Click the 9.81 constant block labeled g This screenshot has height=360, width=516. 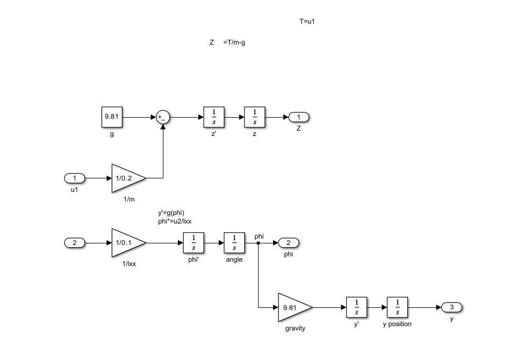pos(112,117)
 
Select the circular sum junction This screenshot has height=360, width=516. pos(163,117)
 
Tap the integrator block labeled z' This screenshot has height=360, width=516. pos(214,117)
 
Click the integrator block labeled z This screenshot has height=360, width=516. pos(255,117)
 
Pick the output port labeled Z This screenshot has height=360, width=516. pos(299,117)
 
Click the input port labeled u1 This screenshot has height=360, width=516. pos(75,178)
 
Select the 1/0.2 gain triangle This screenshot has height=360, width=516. pos(128,178)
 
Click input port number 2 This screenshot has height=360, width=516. pos(75,243)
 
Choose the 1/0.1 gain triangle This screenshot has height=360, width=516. pos(128,242)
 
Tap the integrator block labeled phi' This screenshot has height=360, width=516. pos(193,242)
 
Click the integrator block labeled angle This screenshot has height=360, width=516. pos(234,242)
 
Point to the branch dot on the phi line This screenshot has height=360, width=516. pos(259,243)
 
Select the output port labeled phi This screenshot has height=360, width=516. pos(289,243)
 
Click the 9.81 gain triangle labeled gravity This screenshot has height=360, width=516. pos(295,307)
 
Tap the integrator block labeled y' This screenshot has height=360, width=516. pos(357,307)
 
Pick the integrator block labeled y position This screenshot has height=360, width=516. pos(398,307)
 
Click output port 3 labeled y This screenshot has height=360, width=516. pos(452,307)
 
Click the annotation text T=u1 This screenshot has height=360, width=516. pos(307,21)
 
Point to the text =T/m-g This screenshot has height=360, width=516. pos(234,42)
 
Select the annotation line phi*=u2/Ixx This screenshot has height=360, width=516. pos(175,221)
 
